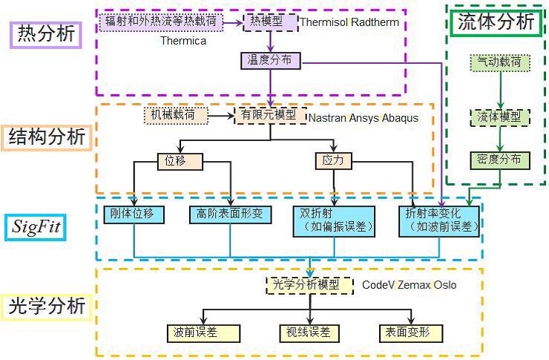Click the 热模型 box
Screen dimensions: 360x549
click(x=270, y=22)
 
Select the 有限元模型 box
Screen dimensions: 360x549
click(x=270, y=116)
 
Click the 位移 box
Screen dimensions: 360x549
click(x=180, y=160)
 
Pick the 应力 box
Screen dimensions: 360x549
click(x=333, y=160)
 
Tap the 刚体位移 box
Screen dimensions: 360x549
click(x=134, y=215)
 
